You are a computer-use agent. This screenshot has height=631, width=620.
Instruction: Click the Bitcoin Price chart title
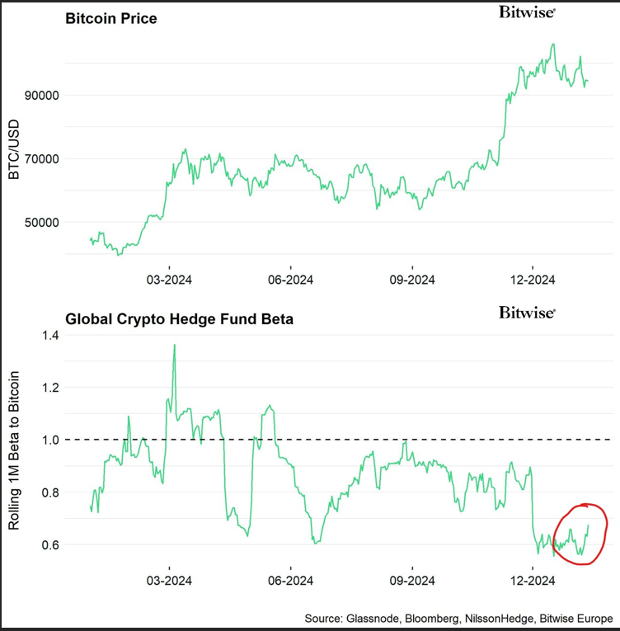[x=110, y=19]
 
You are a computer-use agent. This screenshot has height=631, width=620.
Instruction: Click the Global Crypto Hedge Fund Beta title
[x=180, y=318]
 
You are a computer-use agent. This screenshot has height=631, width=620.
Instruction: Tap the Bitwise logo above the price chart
[x=528, y=12]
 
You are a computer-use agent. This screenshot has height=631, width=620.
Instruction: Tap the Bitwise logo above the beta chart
[x=528, y=313]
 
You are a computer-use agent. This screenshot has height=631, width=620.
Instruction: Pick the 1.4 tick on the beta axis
[x=50, y=335]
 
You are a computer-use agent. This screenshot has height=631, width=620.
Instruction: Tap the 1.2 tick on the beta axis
[x=50, y=387]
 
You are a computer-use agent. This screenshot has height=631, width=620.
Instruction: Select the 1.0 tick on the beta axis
[x=50, y=440]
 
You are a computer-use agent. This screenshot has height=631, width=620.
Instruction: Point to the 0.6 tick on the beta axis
[x=50, y=545]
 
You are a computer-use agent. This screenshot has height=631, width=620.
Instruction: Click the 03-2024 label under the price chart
[x=170, y=280]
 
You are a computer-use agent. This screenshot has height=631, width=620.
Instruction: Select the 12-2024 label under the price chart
[x=532, y=280]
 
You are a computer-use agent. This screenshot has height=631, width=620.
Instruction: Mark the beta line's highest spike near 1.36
[x=174, y=345]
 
